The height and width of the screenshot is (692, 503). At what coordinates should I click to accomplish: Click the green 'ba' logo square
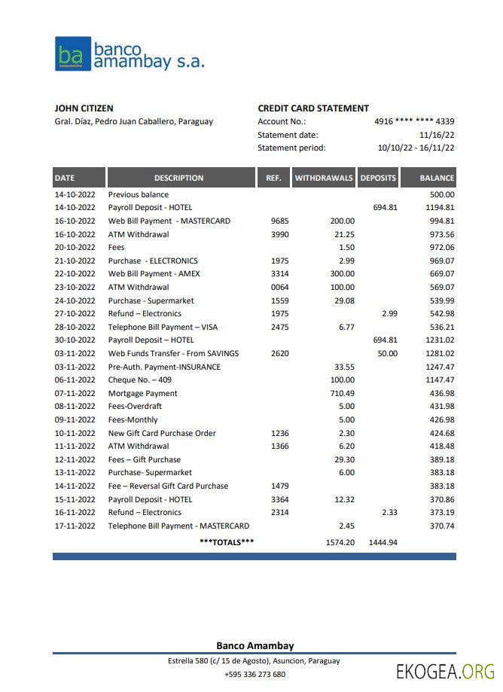click(72, 54)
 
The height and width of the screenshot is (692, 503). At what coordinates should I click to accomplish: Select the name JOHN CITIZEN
click(84, 108)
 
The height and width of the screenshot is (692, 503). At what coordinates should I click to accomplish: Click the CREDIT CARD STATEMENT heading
click(313, 108)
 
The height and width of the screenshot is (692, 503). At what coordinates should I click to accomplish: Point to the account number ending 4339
click(414, 121)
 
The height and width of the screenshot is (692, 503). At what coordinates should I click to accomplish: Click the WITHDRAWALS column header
click(324, 178)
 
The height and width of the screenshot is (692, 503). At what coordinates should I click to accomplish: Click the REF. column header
click(274, 178)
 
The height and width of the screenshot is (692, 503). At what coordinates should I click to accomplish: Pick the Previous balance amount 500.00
click(441, 194)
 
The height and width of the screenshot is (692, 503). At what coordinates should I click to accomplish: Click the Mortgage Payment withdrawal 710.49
click(342, 393)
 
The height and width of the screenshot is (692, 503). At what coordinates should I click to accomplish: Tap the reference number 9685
click(279, 221)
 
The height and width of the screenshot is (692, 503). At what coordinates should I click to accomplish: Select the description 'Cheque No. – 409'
click(140, 380)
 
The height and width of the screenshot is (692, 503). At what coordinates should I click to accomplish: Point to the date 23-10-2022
click(75, 288)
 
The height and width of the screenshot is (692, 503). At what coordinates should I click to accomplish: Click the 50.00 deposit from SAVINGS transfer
click(387, 354)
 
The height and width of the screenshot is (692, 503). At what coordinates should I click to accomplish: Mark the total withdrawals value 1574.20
click(340, 542)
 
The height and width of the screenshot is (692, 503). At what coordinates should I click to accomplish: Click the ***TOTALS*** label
click(227, 542)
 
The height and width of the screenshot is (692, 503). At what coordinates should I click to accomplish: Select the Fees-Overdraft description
click(135, 407)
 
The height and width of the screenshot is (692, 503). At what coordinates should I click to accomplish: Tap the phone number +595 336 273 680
click(255, 675)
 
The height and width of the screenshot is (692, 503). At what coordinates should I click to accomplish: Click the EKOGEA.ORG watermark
click(445, 672)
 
